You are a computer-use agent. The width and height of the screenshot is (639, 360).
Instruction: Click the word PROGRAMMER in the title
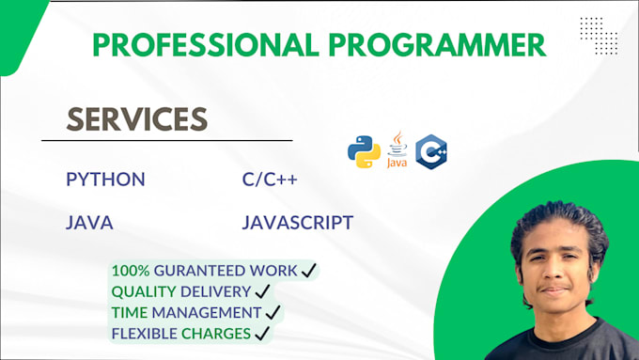pyautogui.click(x=449, y=43)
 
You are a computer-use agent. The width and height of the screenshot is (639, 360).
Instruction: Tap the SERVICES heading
pyautogui.click(x=136, y=117)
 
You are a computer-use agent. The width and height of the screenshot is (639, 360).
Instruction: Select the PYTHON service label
pyautogui.click(x=105, y=179)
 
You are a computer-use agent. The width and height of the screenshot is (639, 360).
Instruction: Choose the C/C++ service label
pyautogui.click(x=270, y=179)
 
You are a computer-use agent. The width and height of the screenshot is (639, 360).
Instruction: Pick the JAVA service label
pyautogui.click(x=89, y=223)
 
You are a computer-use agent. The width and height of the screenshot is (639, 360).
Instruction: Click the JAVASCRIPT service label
pyautogui.click(x=297, y=223)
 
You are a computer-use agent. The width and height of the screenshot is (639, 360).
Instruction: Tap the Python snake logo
pyautogui.click(x=364, y=151)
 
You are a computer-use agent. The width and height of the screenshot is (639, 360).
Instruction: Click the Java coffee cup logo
pyautogui.click(x=398, y=149)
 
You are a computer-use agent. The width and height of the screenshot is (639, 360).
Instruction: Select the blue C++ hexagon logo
pyautogui.click(x=431, y=151)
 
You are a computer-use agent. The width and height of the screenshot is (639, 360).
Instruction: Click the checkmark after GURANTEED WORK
pyautogui.click(x=307, y=271)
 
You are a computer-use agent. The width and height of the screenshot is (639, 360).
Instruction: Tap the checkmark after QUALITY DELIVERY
pyautogui.click(x=263, y=291)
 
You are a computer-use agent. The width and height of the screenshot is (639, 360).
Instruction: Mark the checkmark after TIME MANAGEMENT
pyautogui.click(x=273, y=312)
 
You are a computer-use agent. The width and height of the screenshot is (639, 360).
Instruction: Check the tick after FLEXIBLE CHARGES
pyautogui.click(x=262, y=333)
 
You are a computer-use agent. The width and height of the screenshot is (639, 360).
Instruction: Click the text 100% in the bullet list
pyautogui.click(x=129, y=271)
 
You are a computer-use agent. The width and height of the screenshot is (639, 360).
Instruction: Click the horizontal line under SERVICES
pyautogui.click(x=166, y=141)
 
